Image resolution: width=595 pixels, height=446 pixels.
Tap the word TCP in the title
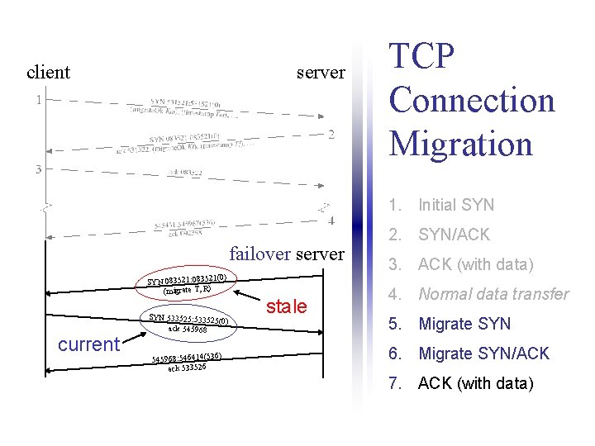click(x=422, y=56)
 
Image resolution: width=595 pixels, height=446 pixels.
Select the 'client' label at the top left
click(x=48, y=72)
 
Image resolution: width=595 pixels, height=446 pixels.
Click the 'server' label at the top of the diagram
click(x=321, y=72)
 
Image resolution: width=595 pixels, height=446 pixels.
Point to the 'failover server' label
click(x=286, y=254)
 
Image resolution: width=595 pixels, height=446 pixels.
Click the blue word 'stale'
click(x=287, y=306)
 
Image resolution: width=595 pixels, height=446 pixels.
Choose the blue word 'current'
click(x=88, y=344)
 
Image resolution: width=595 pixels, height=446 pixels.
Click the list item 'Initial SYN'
click(x=456, y=205)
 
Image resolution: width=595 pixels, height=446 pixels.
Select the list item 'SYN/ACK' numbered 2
click(x=454, y=235)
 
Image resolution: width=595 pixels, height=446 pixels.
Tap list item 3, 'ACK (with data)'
click(x=476, y=264)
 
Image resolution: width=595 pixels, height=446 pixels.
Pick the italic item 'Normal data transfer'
click(x=493, y=294)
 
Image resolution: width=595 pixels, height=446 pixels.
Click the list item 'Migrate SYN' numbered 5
click(x=464, y=324)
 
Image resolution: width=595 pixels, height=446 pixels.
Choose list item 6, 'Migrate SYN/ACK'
click(x=484, y=353)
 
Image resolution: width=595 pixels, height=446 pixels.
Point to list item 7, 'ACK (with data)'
click(x=476, y=383)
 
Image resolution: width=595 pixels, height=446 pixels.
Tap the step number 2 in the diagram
click(x=331, y=135)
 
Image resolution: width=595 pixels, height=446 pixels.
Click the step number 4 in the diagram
click(x=331, y=221)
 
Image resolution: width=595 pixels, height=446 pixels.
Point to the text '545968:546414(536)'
click(x=185, y=358)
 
